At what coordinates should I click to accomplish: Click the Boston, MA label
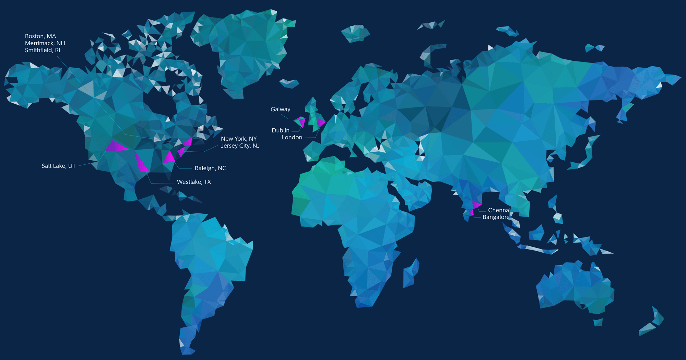[x=40, y=36]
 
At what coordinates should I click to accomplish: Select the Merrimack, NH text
[x=45, y=43]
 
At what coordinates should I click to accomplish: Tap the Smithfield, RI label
[x=43, y=50]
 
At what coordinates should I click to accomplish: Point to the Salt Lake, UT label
[x=59, y=166]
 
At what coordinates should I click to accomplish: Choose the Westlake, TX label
[x=194, y=182]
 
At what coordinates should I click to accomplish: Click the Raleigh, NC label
[x=211, y=168]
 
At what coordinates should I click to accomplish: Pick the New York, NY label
[x=239, y=139]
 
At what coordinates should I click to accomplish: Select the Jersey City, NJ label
[x=240, y=146]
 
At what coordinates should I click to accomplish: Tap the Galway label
[x=280, y=109]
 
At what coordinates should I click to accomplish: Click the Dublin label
[x=281, y=130]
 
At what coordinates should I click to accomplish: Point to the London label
[x=292, y=137]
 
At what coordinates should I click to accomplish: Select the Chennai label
[x=499, y=210]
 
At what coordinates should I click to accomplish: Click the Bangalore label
[x=496, y=217]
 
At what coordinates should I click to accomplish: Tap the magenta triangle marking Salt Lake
[x=115, y=147]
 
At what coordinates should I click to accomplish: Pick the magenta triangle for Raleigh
[x=169, y=158]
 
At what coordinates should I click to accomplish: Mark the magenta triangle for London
[x=321, y=123]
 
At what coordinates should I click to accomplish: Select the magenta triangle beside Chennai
[x=476, y=205]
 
